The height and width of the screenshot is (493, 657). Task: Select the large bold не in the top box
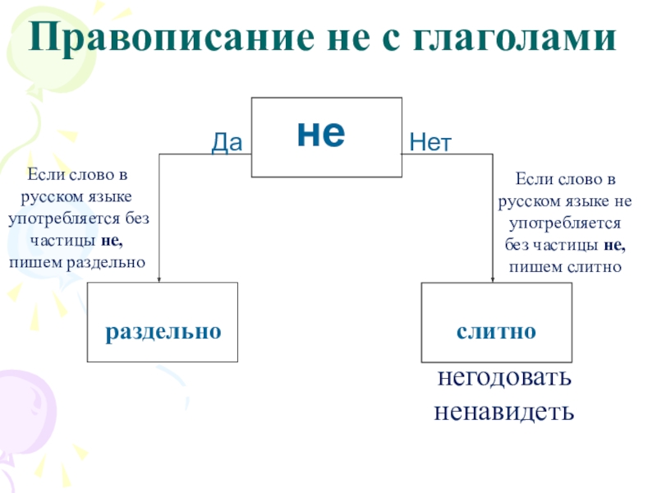[321, 134]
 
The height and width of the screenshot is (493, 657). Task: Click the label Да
[227, 143]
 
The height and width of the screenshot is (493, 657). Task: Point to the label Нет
[430, 143]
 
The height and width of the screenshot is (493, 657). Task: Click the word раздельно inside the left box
[163, 331]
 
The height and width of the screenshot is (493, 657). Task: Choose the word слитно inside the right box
[497, 331]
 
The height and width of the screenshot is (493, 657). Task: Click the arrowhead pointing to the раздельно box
[159, 277]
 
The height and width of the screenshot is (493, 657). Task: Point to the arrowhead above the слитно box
[493, 278]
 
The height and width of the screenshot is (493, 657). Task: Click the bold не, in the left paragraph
[112, 241]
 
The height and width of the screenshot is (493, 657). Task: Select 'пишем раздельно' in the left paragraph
[77, 262]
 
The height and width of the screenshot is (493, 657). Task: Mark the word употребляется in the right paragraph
[565, 223]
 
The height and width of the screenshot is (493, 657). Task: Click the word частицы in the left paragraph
[63, 241]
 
